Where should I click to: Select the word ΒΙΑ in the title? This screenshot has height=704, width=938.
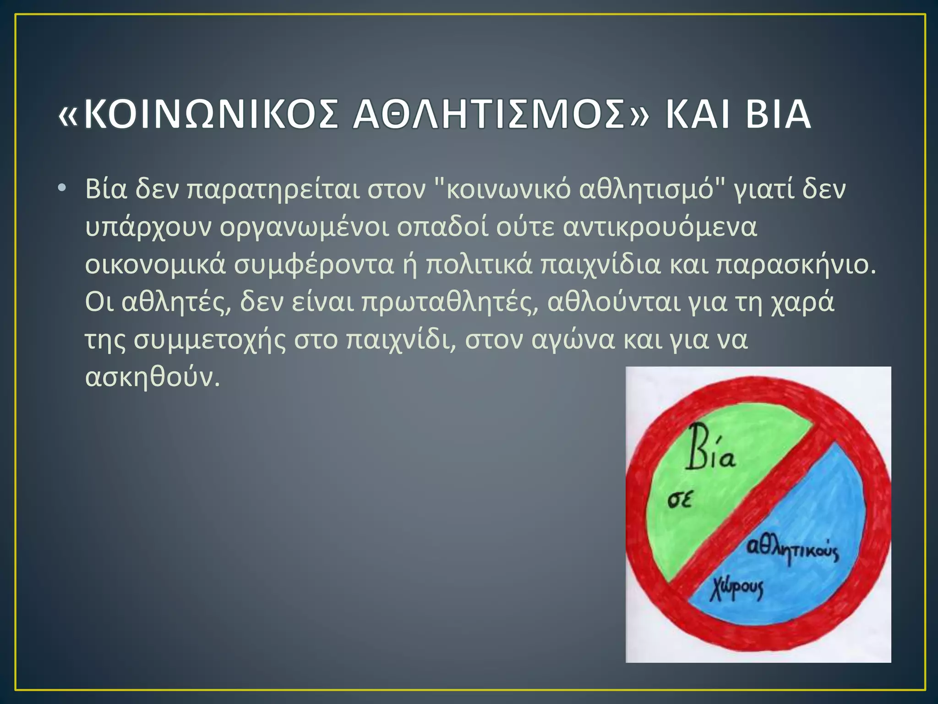click(778, 115)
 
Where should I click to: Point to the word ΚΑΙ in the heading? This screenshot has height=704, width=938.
click(696, 115)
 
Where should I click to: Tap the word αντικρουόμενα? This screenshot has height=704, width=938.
click(660, 227)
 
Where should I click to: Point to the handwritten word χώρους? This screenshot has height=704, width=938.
click(737, 589)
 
